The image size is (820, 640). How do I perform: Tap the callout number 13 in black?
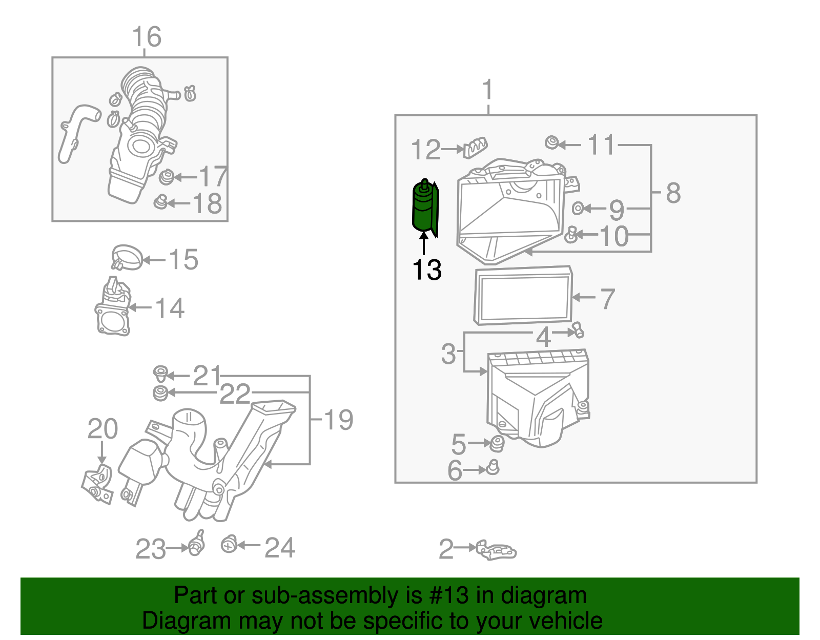pyautogui.click(x=426, y=270)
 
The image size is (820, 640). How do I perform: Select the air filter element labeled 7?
pyautogui.click(x=523, y=296)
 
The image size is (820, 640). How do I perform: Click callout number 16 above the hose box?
pyautogui.click(x=147, y=37)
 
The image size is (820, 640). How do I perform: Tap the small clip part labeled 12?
pyautogui.click(x=476, y=148)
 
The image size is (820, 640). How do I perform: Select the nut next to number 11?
pyautogui.click(x=551, y=142)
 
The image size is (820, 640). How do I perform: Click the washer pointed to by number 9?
pyautogui.click(x=578, y=208)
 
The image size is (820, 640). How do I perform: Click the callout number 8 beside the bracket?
pyautogui.click(x=673, y=194)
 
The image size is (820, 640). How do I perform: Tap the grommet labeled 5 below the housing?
pyautogui.click(x=496, y=444)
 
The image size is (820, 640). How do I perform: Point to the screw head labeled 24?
pyautogui.click(x=229, y=544)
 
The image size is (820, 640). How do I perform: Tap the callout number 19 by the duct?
pyautogui.click(x=338, y=420)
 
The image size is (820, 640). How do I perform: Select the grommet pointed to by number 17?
pyautogui.click(x=166, y=178)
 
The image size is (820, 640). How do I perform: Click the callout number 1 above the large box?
pyautogui.click(x=487, y=90)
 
